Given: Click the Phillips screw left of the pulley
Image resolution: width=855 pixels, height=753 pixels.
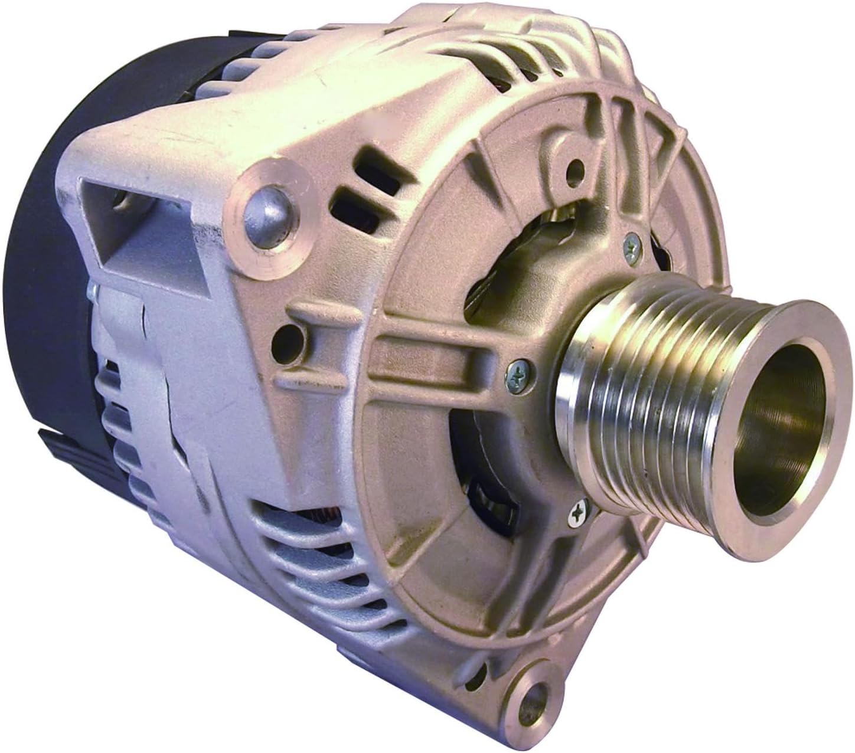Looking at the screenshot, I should click(x=517, y=371).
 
